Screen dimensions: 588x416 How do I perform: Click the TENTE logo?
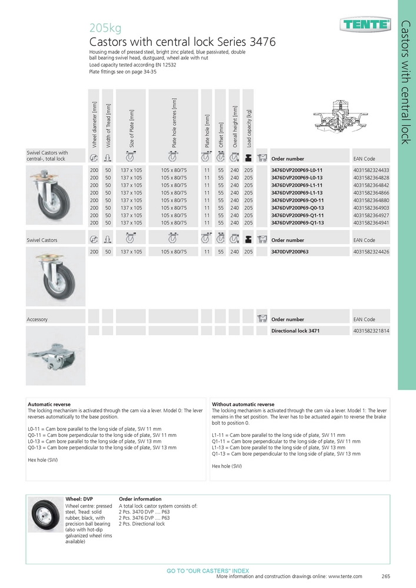coord(365,24)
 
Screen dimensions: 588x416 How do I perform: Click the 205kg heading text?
coord(105,28)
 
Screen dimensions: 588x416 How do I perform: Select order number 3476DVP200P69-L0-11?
coord(297,170)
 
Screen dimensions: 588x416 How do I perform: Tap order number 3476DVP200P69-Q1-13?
coord(297,223)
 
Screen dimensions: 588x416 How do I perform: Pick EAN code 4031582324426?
coord(371,252)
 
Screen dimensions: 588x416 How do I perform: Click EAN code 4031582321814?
coord(371,331)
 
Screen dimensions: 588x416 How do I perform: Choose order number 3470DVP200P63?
coord(294,252)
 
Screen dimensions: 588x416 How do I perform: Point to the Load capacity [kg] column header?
coord(249,127)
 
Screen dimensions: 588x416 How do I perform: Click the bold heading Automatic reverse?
coord(49,405)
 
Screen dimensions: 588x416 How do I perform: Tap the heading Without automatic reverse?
coord(243,405)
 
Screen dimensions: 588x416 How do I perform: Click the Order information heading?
coord(141,499)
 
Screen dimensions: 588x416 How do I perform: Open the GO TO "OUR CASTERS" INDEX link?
coord(208,571)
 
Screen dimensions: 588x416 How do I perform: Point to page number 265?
coord(386,577)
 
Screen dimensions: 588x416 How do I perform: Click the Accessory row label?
coord(37,319)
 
